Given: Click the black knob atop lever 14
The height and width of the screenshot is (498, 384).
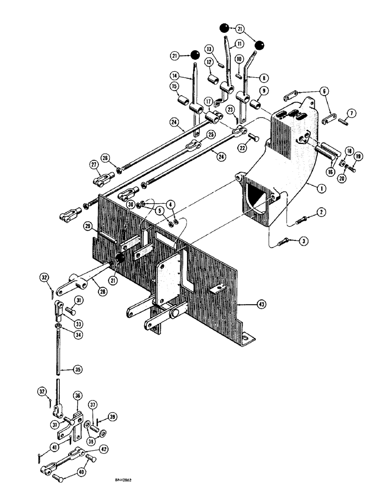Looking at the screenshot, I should [195, 54].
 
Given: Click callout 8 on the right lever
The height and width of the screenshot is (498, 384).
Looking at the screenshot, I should [263, 78].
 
